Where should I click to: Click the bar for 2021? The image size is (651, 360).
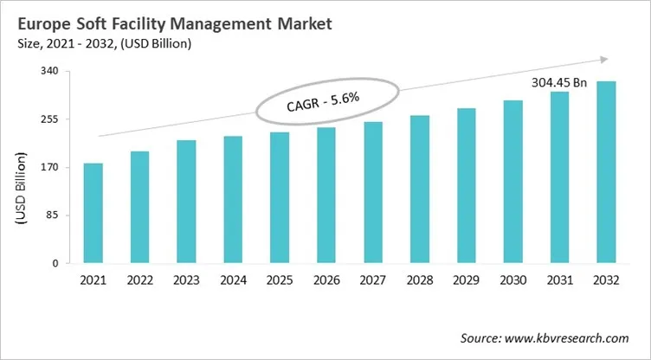tap(93, 213)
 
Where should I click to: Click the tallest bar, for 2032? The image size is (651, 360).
tap(606, 172)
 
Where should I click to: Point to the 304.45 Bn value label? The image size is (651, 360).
tap(558, 83)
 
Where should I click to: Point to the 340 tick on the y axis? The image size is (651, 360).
tap(49, 71)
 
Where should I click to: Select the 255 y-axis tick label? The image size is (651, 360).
tap(49, 119)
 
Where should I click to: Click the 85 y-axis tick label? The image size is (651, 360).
tap(52, 215)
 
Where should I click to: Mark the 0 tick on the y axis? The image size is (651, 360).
tap(55, 263)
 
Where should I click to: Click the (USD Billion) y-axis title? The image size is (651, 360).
tap(19, 190)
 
